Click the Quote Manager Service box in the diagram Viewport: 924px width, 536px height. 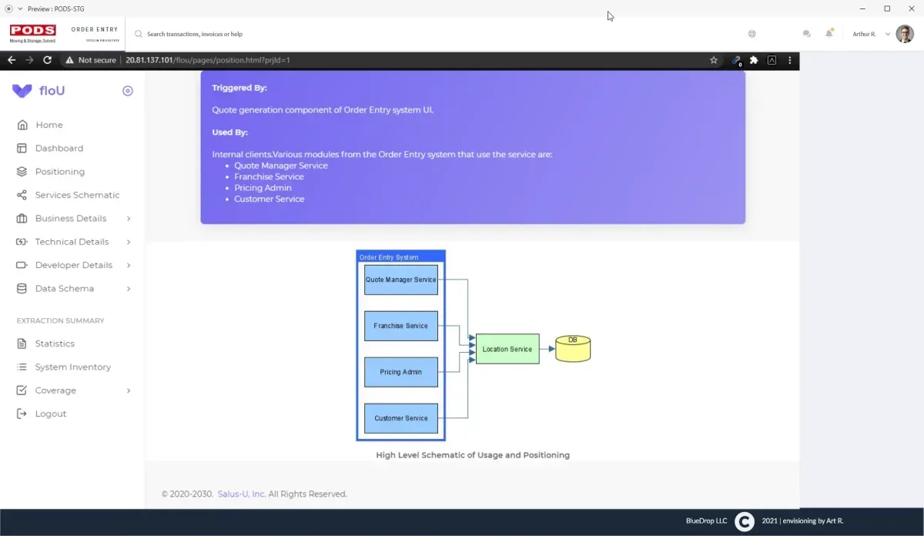[x=400, y=280]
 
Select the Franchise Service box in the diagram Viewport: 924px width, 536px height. [x=400, y=326]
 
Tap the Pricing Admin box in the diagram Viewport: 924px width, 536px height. [x=400, y=372]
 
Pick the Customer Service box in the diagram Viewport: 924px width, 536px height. [x=400, y=418]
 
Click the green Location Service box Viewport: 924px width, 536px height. [x=507, y=349]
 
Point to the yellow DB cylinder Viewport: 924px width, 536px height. [x=573, y=349]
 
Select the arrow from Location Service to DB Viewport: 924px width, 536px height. [x=547, y=349]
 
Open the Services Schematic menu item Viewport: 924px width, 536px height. [x=77, y=195]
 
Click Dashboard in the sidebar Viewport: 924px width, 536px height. [x=59, y=148]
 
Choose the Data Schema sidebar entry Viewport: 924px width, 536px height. [x=65, y=289]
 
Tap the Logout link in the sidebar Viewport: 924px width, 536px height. [x=50, y=414]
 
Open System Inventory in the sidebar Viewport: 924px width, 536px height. [x=72, y=367]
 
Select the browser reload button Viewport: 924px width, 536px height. [x=48, y=60]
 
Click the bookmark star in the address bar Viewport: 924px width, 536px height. [x=714, y=60]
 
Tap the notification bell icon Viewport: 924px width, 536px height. [x=829, y=34]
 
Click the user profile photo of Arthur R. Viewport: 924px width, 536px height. [x=905, y=34]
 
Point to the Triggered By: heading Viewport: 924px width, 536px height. [x=239, y=88]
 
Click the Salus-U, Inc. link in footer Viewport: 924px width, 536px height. [x=241, y=494]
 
